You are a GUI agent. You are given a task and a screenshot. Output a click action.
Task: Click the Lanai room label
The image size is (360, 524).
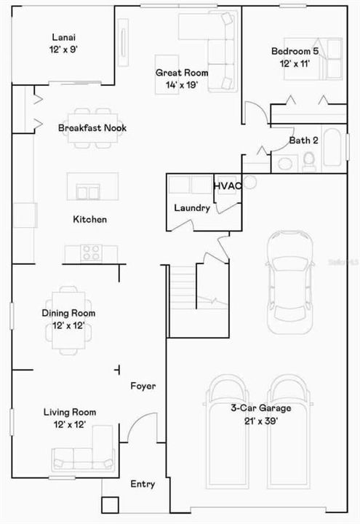coord(63,37)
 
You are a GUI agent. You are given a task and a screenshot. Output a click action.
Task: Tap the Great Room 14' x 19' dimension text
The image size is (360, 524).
coord(182,85)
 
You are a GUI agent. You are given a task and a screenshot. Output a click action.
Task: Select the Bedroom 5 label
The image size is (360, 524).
coord(295,51)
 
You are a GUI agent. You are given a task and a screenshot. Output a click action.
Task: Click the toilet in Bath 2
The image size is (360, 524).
coord(309,159)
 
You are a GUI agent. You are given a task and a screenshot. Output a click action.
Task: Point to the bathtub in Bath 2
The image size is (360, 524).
coord(332,148)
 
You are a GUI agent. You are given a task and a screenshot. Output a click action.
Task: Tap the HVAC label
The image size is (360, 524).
coord(228,186)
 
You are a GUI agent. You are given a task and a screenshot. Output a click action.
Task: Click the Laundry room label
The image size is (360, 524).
coord(192,208)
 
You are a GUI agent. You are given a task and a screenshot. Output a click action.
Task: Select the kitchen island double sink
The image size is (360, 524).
coord(88,192)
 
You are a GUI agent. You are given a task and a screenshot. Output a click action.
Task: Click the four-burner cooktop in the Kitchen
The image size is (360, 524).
coord(91,253)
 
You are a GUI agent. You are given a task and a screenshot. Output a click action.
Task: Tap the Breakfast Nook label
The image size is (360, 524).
coord(92,127)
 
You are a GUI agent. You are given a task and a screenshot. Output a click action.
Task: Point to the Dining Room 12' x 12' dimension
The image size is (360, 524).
coord(69,325)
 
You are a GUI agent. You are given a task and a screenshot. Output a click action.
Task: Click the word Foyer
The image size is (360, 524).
coord(143,386)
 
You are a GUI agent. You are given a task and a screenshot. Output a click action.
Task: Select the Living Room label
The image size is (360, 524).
coord(70,412)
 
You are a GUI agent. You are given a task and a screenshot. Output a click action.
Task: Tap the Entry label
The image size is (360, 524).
coord(143,484)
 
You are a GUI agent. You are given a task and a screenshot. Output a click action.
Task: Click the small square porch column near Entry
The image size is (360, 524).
coord(111,505)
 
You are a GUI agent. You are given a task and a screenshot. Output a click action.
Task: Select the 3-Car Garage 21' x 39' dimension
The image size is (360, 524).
coord(261,421)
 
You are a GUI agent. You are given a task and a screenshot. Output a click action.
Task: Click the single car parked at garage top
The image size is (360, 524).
coord(290,282)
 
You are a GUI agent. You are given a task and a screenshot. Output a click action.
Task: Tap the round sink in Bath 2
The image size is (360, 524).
coord(285,164)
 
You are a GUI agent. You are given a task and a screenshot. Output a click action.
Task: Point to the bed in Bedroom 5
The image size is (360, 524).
coord(313,59)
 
